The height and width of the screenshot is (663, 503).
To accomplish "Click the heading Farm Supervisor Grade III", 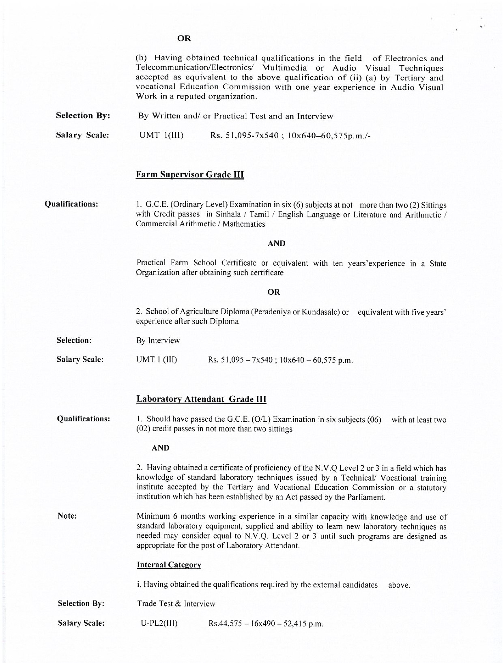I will pos(189,175).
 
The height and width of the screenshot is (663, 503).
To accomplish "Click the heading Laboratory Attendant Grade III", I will pos(201,399).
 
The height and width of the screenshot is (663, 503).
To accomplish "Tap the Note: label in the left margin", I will pos(67,516).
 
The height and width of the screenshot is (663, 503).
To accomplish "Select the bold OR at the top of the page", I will pos(184,39).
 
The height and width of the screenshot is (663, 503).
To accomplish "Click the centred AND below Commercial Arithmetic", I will pos(277,243).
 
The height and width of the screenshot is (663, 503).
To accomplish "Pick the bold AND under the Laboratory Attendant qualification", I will pos(161,448).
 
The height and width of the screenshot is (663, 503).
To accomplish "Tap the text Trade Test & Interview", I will pos(176,603).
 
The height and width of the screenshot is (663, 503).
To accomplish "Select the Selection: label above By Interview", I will pos(74,340).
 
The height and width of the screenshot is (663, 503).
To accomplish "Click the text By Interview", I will pos(158,340).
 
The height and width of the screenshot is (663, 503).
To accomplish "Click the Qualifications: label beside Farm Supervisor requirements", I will pos(71,204).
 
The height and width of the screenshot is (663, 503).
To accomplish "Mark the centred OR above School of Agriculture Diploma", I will pos(274,292).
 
